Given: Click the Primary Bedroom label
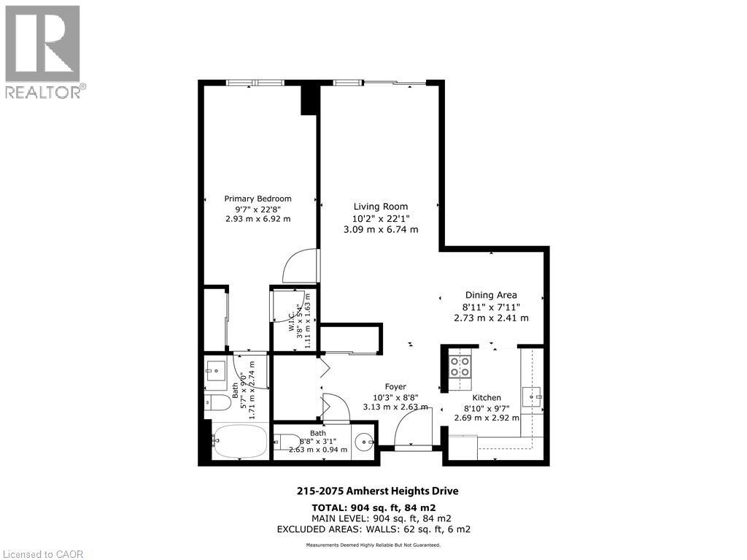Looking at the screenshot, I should [258, 199].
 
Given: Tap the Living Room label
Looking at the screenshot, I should [381, 207].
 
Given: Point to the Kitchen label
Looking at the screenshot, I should [486, 397].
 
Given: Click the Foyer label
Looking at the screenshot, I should [395, 387].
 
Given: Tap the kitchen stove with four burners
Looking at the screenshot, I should [460, 365].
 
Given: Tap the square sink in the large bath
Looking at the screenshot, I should [216, 371].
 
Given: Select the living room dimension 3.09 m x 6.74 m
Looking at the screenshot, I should [381, 229].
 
